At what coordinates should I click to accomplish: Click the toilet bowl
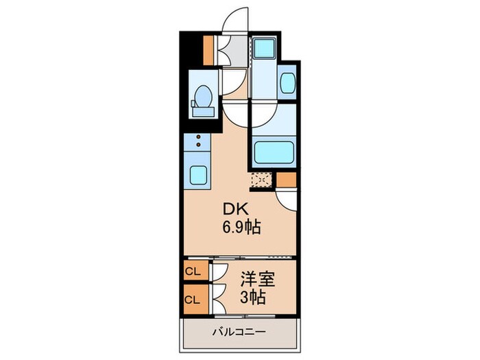203,95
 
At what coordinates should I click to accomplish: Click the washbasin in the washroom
288,83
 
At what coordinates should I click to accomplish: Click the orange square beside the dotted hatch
286,180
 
